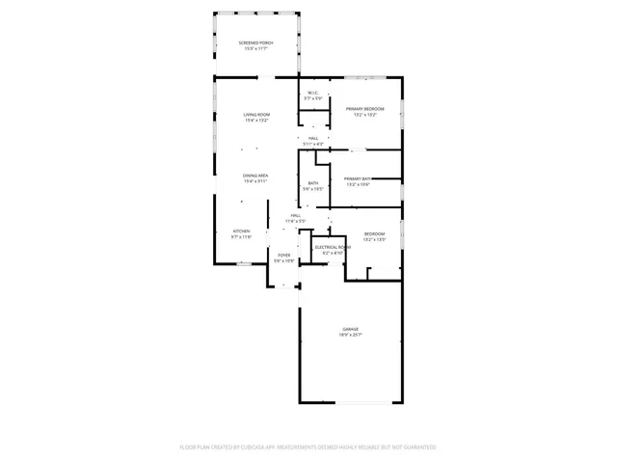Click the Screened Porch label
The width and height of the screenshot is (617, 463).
pyautogui.click(x=255, y=42)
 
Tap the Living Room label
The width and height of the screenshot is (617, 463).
pyautogui.click(x=255, y=115)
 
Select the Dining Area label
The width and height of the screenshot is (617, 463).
pyautogui.click(x=255, y=175)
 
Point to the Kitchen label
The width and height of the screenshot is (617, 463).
pyautogui.click(x=241, y=231)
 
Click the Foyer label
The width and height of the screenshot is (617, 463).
pyautogui.click(x=283, y=255)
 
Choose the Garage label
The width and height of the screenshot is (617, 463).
pyautogui.click(x=349, y=329)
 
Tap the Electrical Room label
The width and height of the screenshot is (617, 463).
pyautogui.click(x=333, y=247)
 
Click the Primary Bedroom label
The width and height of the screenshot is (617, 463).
pyautogui.click(x=365, y=109)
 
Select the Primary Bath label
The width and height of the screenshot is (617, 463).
pyautogui.click(x=358, y=178)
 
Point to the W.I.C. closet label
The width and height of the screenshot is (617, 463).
pyautogui.click(x=313, y=93)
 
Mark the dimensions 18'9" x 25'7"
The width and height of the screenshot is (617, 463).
pyautogui.click(x=349, y=335)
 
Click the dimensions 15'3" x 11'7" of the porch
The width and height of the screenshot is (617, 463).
pyautogui.click(x=255, y=48)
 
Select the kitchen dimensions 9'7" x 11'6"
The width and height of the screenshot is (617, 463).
pyautogui.click(x=241, y=236)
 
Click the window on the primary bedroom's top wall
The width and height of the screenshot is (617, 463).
pyautogui.click(x=365, y=77)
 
